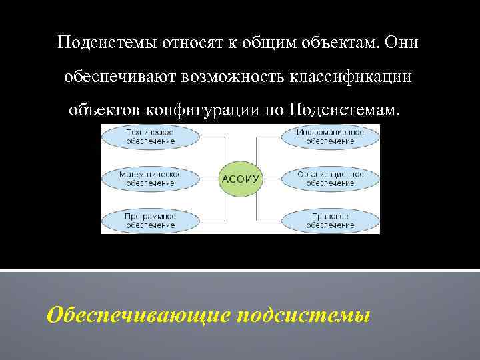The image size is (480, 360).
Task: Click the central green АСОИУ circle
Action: [x=240, y=179]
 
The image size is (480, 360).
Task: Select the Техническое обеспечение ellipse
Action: [x=150, y=137]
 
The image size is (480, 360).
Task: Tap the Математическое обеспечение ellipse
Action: [x=150, y=178]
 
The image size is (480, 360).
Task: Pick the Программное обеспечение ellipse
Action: [x=150, y=220]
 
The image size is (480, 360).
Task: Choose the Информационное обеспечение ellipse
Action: [x=330, y=137]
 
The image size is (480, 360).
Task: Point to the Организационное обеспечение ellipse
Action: [x=330, y=178]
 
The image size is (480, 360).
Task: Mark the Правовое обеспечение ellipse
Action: [x=330, y=220]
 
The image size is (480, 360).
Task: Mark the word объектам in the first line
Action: [x=340, y=43]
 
